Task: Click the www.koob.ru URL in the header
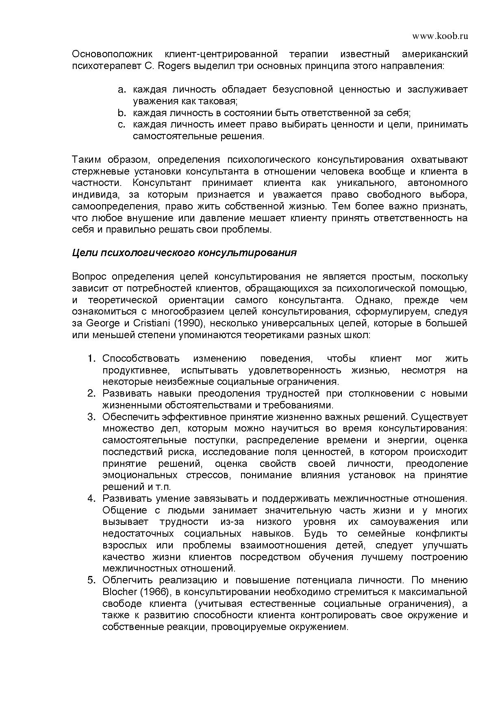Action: (440, 36)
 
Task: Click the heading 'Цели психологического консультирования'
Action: (184, 253)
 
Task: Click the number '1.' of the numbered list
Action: (91, 358)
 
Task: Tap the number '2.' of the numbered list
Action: (91, 393)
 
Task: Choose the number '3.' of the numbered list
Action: (91, 417)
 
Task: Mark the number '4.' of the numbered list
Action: (91, 498)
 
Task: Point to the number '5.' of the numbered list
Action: (91, 580)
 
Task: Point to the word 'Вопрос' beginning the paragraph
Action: (89, 277)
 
